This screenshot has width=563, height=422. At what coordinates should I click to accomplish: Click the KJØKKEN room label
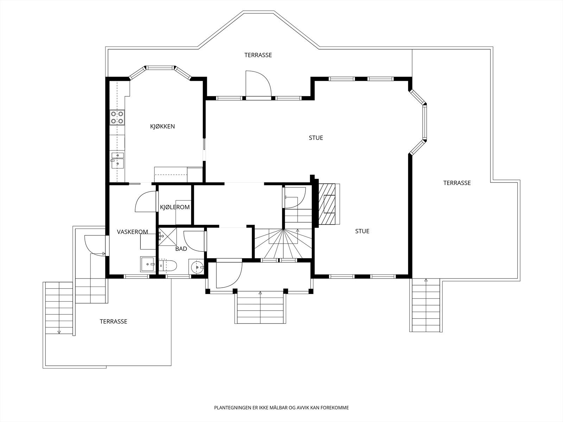pos(162,126)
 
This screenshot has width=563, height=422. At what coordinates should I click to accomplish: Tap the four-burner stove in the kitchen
pos(117,117)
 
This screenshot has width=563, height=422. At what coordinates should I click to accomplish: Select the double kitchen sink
pos(118,160)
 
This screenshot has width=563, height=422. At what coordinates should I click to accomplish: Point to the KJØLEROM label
pos(175,207)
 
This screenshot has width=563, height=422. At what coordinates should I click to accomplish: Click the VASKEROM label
pos(132,232)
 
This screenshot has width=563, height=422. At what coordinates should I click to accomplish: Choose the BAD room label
pos(181,249)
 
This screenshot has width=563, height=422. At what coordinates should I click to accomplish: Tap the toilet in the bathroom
pos(167,266)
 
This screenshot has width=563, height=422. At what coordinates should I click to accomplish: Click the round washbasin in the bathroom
pos(197,267)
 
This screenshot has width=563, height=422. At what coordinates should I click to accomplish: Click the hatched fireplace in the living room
pos(327,204)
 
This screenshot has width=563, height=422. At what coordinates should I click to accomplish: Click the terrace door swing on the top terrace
pos(258,83)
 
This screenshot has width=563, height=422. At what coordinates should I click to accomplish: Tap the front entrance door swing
pos(229,275)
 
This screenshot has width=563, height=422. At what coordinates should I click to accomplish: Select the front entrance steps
pos(260,307)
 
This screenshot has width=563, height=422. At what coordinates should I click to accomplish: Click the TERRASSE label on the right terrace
pos(457,183)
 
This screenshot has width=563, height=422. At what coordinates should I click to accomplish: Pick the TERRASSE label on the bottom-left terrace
pos(113,321)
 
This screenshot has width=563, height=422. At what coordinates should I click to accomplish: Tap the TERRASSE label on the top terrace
pos(258,55)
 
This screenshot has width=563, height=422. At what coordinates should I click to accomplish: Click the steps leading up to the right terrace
pos(426,305)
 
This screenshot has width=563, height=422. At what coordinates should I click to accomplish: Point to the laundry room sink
pos(148,264)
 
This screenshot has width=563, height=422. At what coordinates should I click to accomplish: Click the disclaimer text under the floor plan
pos(281,408)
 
